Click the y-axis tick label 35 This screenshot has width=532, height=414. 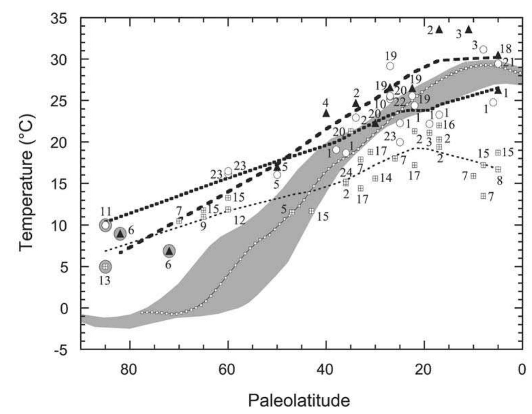coord(60,19)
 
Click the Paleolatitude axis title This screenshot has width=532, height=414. coord(299,400)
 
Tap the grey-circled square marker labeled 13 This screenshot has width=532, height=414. coord(105,266)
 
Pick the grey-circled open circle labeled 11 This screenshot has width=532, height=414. coord(105,225)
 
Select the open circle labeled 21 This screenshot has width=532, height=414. coord(498,64)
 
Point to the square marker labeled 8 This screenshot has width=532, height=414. coord(498,169)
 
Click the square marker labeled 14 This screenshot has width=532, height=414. coord(375,178)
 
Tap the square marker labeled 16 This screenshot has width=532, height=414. coord(439,125)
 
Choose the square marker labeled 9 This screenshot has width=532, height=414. coord(203,217)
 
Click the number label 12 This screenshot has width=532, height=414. coord(239,220)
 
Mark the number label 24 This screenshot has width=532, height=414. coord(346,173)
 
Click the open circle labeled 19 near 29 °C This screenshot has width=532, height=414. coord(390,66)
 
